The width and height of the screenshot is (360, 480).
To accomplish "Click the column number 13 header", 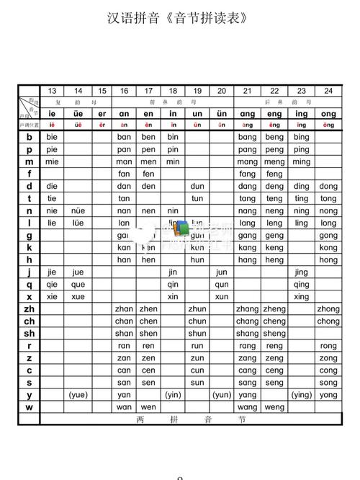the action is click(x=52, y=91).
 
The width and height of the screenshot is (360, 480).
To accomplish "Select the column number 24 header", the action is click(x=328, y=91).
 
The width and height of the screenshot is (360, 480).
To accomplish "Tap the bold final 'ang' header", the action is click(x=247, y=113).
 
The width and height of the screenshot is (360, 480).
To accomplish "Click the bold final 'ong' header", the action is click(x=328, y=113).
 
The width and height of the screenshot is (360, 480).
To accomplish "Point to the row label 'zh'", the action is click(x=30, y=308).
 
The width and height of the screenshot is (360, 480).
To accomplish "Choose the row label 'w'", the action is click(x=30, y=407).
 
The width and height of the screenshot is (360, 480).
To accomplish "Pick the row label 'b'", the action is click(x=30, y=137).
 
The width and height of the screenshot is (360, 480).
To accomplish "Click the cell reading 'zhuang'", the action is click(x=247, y=308).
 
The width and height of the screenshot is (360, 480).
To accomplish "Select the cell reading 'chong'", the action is click(x=328, y=321).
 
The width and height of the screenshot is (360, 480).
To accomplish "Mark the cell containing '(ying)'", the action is click(x=302, y=395).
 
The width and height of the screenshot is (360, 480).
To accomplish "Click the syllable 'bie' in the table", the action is click(x=52, y=137).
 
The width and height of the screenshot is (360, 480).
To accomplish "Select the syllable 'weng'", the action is click(x=274, y=407).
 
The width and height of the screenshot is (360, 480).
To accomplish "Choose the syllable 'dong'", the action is click(x=328, y=186).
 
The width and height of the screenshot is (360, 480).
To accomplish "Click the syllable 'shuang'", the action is click(x=247, y=333).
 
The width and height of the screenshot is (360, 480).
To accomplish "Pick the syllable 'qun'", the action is click(x=222, y=284).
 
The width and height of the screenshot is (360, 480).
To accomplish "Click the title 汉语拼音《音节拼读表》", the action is click(x=179, y=17).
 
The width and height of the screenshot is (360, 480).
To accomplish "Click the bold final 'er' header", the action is click(x=102, y=113).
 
